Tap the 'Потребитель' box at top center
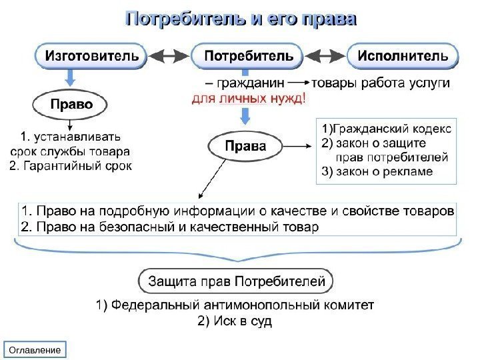(247, 57)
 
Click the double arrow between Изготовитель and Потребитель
(169, 57)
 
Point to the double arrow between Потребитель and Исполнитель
(325, 57)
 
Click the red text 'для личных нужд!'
(249, 99)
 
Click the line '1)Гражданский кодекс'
(386, 128)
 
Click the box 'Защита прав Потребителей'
(236, 281)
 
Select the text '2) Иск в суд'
(235, 321)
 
